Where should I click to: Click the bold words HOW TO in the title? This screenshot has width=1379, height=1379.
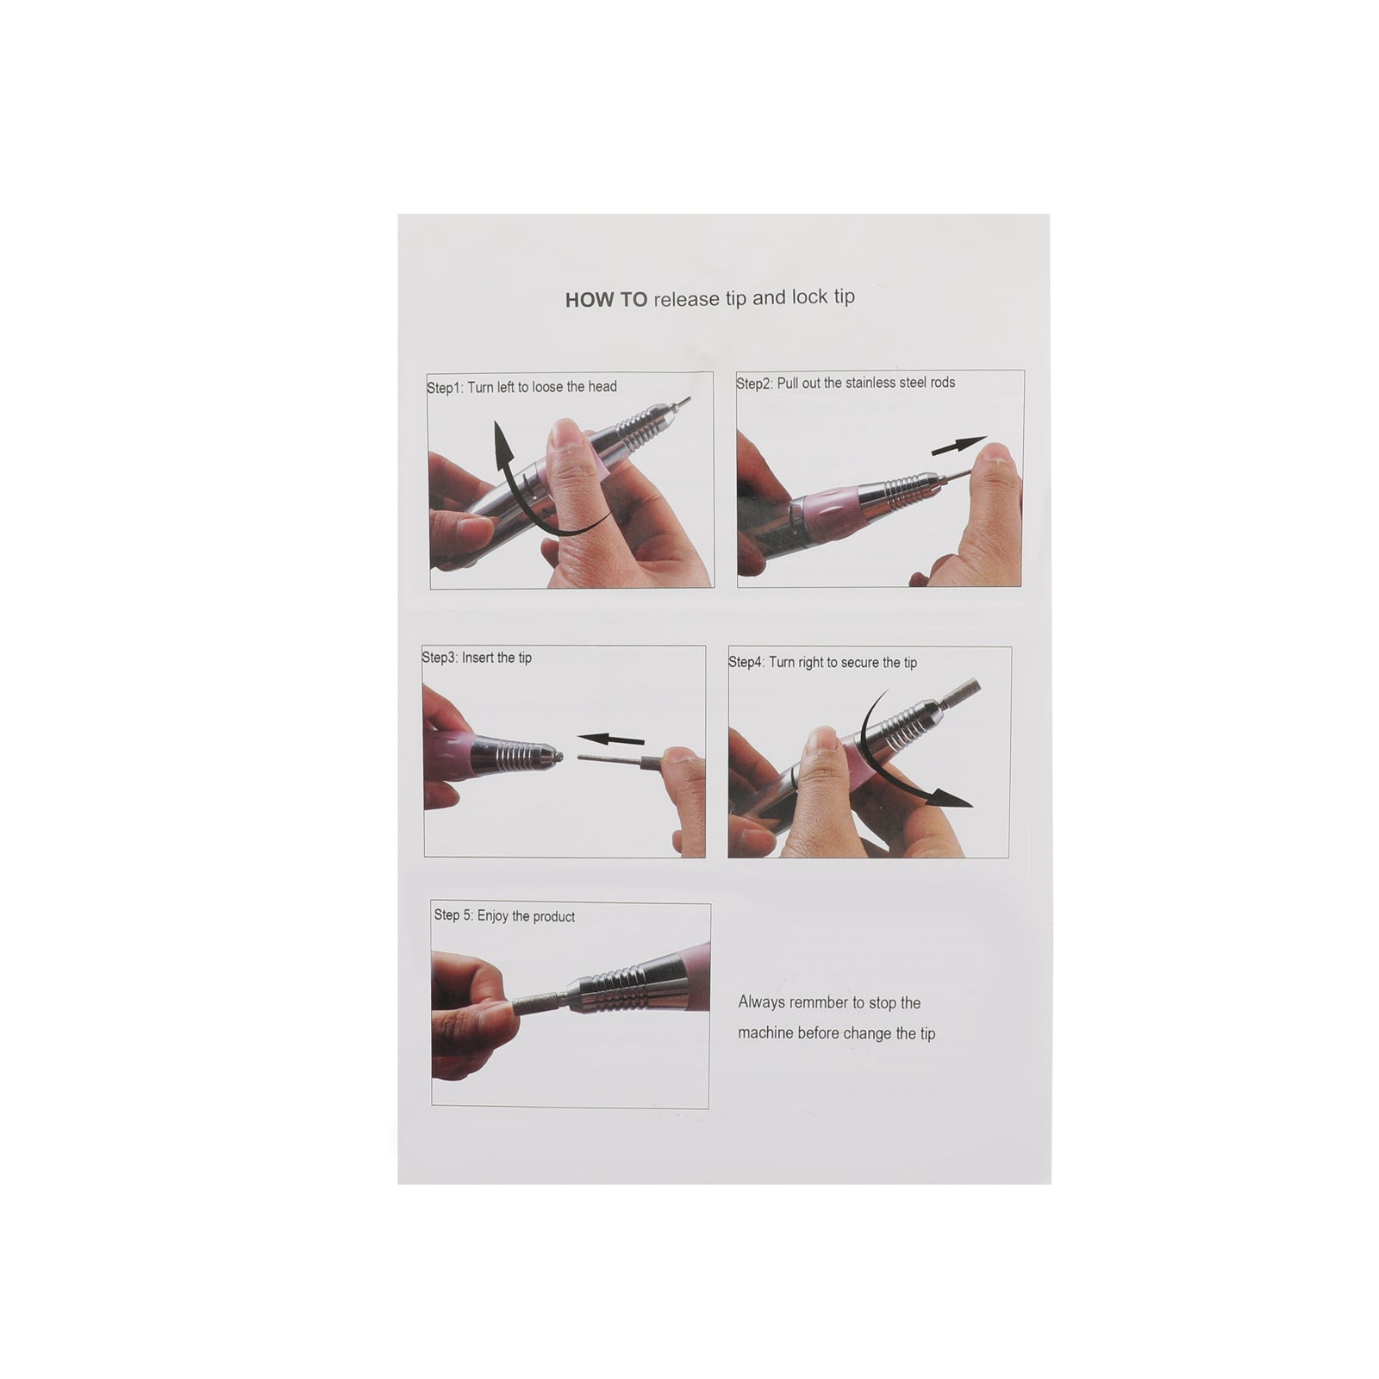click(606, 300)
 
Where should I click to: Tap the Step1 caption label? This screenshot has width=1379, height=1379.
click(521, 387)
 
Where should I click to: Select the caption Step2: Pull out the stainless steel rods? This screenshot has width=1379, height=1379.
click(845, 383)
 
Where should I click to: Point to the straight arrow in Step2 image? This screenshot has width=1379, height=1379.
click(958, 446)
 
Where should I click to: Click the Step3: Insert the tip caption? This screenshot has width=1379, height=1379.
click(477, 658)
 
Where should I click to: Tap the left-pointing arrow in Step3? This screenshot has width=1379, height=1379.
click(610, 739)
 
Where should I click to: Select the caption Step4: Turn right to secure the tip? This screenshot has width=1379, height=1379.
click(822, 662)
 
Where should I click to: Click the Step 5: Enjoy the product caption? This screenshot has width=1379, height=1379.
click(504, 915)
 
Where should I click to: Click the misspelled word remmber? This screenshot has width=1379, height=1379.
click(819, 1002)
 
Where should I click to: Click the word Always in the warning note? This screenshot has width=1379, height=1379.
click(761, 1002)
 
